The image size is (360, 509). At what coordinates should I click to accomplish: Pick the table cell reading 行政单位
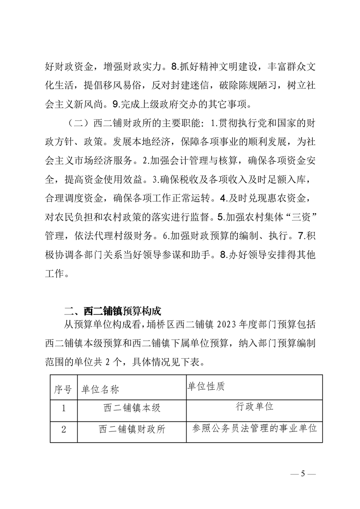254,406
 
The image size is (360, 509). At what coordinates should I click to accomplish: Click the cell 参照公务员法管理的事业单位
254,427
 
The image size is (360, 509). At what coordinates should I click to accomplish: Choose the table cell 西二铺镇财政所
132,428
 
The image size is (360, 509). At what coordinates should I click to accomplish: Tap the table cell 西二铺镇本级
132,407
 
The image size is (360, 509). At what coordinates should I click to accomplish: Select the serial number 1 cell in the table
63,407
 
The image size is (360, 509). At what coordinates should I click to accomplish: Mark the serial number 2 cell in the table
63,428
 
